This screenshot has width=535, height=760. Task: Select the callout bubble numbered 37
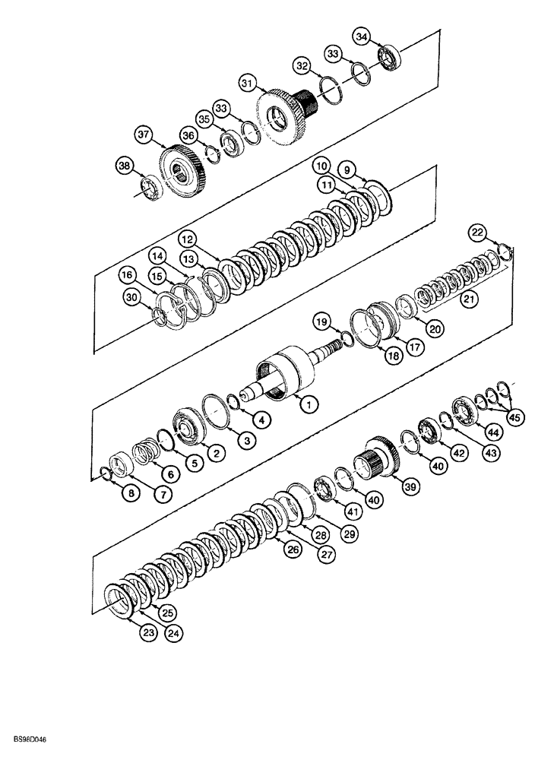[144, 134]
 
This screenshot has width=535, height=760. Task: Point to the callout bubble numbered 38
[124, 165]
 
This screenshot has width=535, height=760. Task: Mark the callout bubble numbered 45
[515, 415]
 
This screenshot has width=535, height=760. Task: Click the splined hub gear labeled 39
[378, 459]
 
